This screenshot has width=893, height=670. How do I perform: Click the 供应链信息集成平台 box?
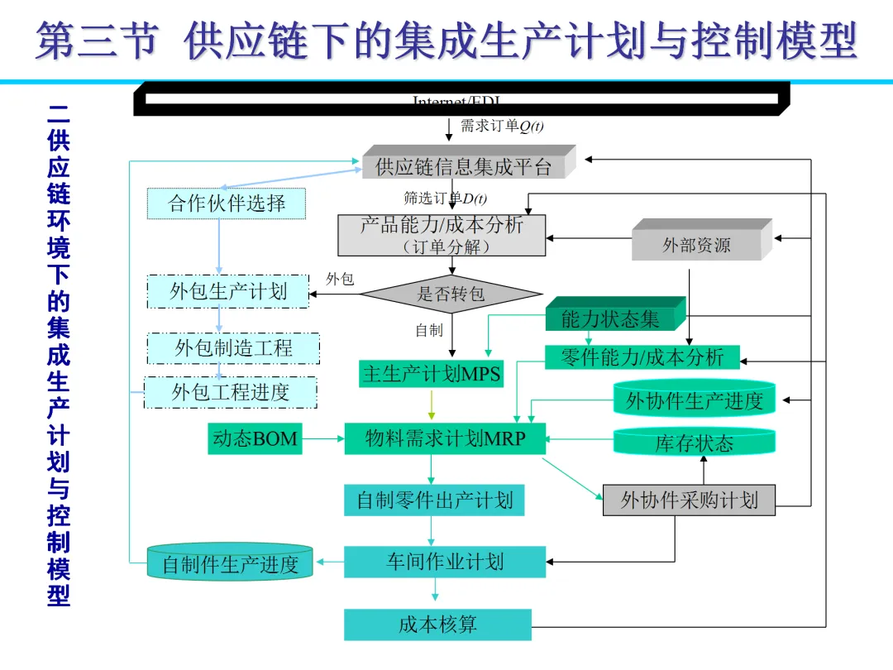[465, 166]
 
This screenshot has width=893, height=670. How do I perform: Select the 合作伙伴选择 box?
[227, 203]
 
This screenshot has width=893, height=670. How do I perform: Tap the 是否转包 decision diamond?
[451, 294]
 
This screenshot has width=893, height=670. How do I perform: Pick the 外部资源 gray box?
[697, 245]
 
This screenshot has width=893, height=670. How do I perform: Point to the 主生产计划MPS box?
[432, 374]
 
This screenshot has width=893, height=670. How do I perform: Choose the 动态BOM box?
[255, 438]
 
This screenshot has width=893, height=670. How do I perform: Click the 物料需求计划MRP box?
[445, 438]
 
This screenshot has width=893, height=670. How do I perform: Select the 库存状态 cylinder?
[695, 443]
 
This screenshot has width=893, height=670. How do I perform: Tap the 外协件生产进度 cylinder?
[695, 400]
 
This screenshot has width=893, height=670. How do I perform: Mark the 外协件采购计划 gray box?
[689, 500]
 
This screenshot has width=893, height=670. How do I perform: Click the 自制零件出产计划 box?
[434, 500]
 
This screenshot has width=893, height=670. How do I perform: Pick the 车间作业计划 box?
[445, 562]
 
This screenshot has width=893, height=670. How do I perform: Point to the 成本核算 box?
[437, 625]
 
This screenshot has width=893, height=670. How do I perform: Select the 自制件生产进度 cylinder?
[230, 564]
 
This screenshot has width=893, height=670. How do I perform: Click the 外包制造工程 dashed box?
[234, 348]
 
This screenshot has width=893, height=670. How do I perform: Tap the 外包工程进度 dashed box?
[231, 392]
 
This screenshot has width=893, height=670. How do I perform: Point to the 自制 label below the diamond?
[429, 331]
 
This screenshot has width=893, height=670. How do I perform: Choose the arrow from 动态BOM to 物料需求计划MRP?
[322, 438]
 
